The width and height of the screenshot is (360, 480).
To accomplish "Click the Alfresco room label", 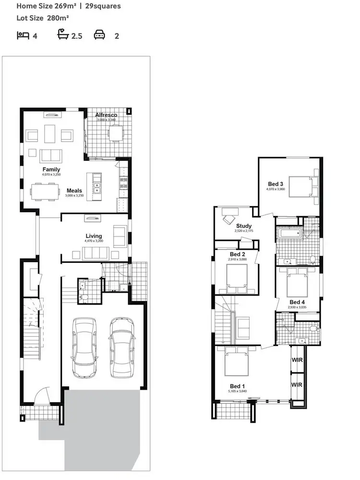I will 106,115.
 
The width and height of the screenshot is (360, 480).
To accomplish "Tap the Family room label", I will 51,169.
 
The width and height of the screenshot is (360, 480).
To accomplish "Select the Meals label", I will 74,191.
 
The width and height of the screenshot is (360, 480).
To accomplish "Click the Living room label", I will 94,236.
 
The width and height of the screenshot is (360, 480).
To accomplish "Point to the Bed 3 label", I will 276,184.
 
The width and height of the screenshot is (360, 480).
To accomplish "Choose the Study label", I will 244,226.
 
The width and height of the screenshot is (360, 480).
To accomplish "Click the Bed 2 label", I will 238,254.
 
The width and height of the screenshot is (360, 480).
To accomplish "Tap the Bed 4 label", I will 297,302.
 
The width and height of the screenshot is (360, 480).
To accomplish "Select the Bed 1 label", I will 237,386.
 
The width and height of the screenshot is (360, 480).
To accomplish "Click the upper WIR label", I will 297,359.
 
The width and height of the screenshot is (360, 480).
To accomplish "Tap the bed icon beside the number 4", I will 23,35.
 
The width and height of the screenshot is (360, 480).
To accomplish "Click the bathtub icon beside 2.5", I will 63,35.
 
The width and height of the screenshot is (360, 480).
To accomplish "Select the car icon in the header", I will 99,35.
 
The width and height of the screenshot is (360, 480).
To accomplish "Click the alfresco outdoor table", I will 115,132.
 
